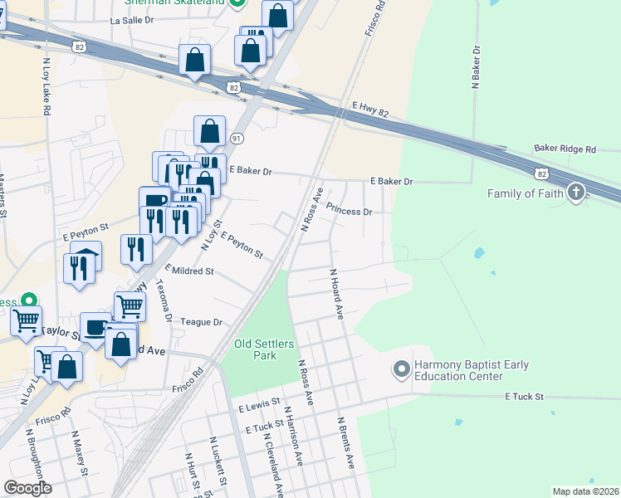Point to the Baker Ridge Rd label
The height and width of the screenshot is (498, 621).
point(565,149)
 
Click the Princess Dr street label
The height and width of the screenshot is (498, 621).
point(349,211)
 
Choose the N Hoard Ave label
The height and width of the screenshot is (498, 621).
point(337,294)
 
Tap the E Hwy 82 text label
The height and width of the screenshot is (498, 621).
point(370,107)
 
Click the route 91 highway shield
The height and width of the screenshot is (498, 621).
point(237,138)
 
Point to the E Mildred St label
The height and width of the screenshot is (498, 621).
point(189,271)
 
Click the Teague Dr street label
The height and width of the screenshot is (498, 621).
point(202,322)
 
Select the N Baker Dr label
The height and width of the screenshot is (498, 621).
point(477,67)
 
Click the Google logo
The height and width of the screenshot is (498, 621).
point(27,488)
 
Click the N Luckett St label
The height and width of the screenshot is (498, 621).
point(218,461)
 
